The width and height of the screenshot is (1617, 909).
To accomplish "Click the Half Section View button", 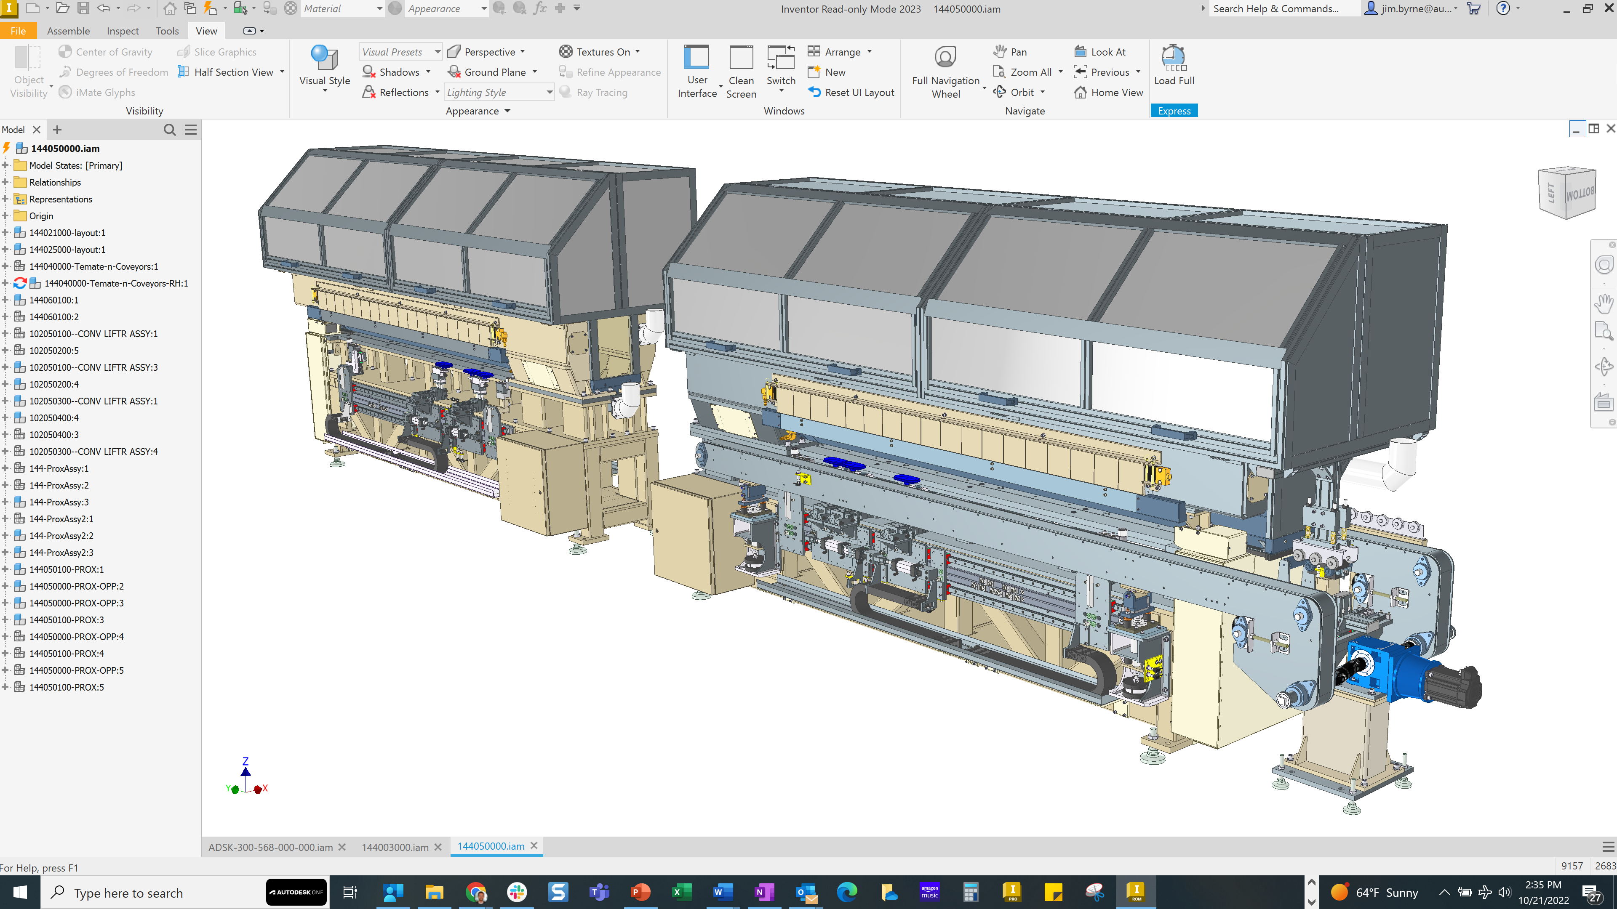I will point(233,72).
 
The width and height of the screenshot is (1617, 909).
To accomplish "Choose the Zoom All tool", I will point(1030,72).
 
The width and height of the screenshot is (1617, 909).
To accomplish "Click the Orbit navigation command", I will point(1021,92).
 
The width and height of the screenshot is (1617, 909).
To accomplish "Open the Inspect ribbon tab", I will point(123,31).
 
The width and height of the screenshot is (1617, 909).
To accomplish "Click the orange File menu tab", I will point(18,31).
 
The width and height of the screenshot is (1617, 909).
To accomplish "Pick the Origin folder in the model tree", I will point(41,216).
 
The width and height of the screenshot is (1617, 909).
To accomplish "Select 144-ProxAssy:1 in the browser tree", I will point(59,469).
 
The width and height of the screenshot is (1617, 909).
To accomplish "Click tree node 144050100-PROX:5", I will point(67,687).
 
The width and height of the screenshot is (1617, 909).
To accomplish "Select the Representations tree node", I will point(60,199).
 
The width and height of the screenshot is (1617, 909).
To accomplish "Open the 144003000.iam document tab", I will point(395,847).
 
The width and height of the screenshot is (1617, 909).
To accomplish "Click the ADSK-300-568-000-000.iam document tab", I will point(270,847).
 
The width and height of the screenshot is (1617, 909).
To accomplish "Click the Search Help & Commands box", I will point(1281,9).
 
